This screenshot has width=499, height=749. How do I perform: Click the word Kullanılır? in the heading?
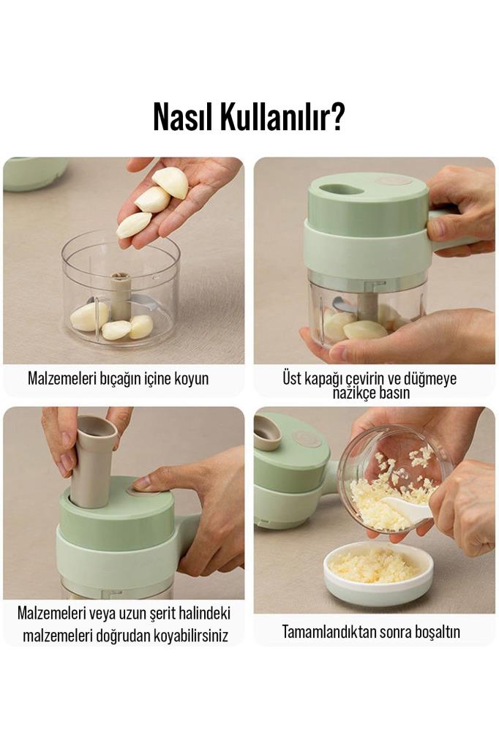(282, 116)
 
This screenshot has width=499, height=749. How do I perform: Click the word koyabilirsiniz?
(191, 636)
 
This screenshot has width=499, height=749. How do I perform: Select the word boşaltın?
(438, 633)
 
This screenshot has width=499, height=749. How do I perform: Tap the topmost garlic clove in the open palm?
(170, 182)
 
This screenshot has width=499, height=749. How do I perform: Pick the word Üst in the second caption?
(292, 378)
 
